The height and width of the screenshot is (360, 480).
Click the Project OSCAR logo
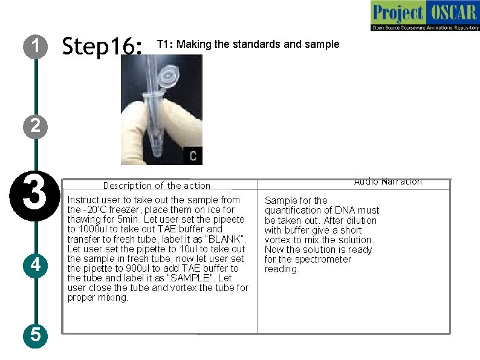click(x=425, y=16)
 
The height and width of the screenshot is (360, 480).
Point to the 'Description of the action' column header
click(x=157, y=186)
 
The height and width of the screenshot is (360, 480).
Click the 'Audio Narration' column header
click(x=388, y=182)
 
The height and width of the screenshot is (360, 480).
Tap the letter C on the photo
click(x=193, y=156)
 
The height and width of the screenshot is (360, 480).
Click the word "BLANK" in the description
click(x=225, y=239)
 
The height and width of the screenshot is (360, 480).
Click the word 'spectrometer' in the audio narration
click(x=321, y=259)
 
